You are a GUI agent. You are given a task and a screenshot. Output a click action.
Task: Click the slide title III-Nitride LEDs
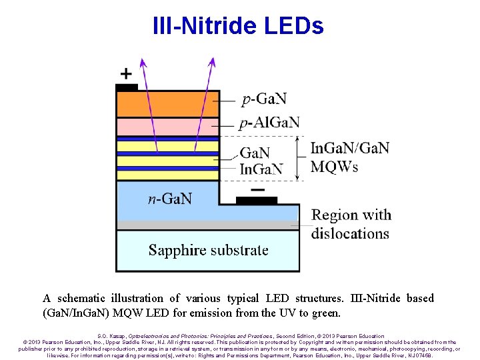(x=238, y=26)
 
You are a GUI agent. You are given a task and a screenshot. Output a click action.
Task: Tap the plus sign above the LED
(x=126, y=73)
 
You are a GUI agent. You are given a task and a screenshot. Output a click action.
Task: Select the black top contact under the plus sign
(x=127, y=87)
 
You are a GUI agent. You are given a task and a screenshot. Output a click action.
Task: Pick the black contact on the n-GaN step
(x=257, y=199)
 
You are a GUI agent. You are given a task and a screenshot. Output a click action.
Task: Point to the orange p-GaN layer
(x=167, y=104)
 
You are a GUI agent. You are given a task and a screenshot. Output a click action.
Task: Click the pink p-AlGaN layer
(x=167, y=126)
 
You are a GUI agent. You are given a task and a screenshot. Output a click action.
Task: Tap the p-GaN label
(x=264, y=99)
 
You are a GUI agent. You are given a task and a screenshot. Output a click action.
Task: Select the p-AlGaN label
(x=269, y=122)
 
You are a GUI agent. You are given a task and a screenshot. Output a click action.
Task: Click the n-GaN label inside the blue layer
(x=170, y=198)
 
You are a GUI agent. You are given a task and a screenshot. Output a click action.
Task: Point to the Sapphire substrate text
(x=208, y=251)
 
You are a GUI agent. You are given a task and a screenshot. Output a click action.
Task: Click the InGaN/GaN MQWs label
(x=350, y=157)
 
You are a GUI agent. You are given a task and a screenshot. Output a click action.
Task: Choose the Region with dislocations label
(x=351, y=224)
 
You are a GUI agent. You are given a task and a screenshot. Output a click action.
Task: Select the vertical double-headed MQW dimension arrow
(x=297, y=158)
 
